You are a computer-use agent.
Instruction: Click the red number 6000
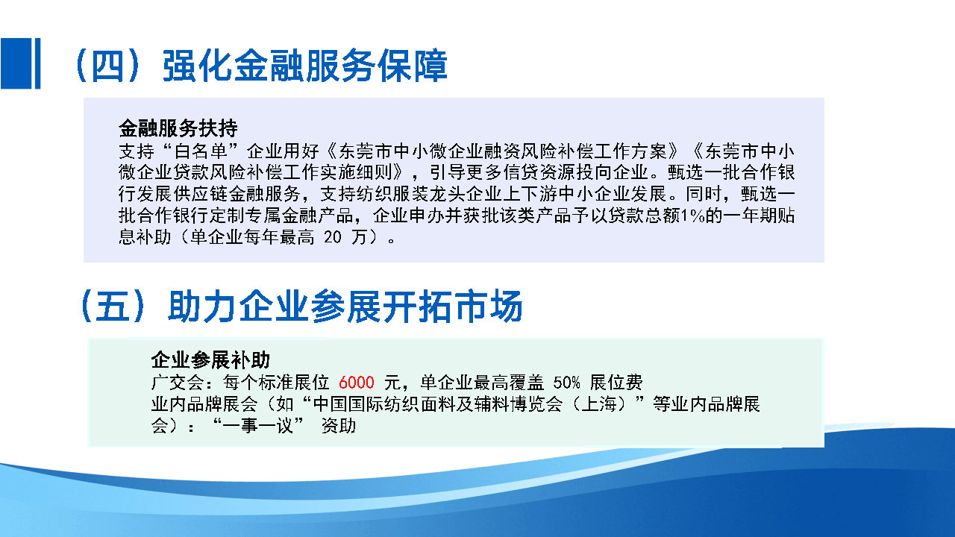click(356, 383)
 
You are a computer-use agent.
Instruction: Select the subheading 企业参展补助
click(210, 360)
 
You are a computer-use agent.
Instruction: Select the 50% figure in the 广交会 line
click(567, 383)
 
